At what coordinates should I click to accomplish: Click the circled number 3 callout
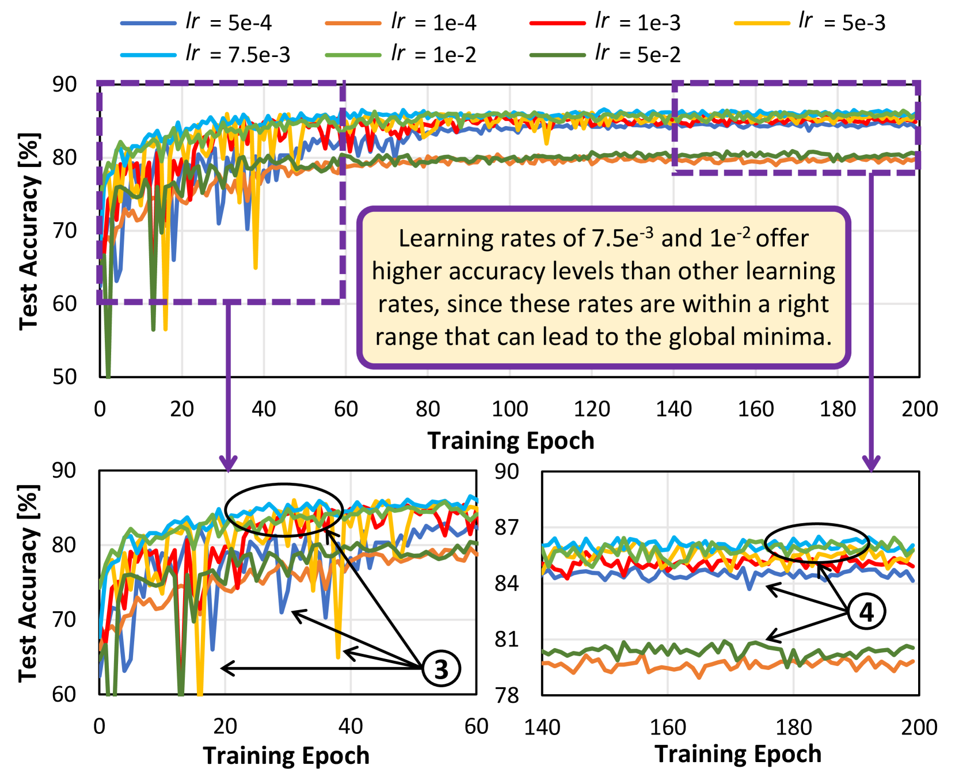[441, 669]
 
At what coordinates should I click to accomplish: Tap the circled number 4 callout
[866, 612]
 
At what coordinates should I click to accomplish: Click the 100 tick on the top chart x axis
[509, 409]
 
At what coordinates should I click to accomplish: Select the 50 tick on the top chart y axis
[64, 377]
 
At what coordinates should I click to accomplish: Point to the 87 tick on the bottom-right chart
[507, 527]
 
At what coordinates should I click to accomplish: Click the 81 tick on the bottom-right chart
[507, 639]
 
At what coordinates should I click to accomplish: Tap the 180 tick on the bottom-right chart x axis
[793, 728]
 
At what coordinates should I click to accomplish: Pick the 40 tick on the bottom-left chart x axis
[351, 726]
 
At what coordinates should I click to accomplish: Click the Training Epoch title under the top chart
[511, 441]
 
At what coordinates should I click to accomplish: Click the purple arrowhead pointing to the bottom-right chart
[871, 463]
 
